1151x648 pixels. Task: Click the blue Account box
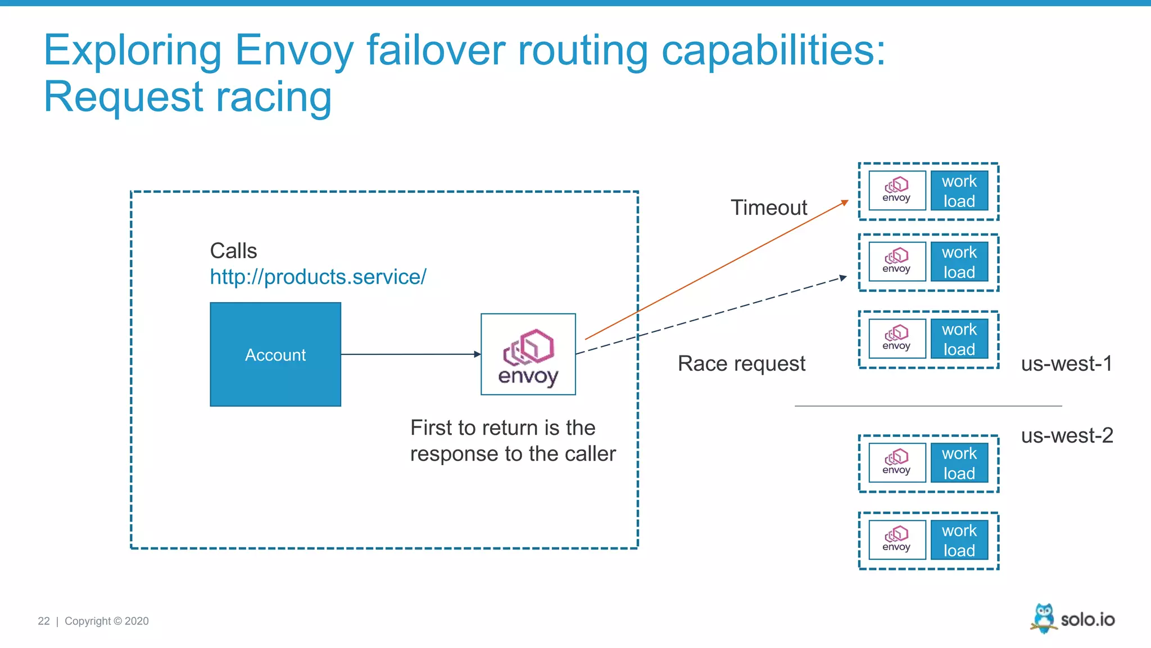click(x=275, y=354)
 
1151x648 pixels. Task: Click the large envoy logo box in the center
click(x=528, y=354)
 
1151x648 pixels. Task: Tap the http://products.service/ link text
click(x=318, y=277)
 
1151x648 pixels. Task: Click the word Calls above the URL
click(x=233, y=251)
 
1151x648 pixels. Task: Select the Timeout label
click(x=768, y=208)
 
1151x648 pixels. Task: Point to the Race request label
click(x=741, y=363)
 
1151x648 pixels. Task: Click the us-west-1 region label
click(x=1066, y=363)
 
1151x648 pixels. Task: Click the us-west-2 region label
click(x=1067, y=435)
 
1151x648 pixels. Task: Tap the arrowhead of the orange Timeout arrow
click(x=845, y=202)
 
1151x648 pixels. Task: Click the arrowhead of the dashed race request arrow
click(x=844, y=277)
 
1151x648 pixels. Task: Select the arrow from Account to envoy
click(x=410, y=354)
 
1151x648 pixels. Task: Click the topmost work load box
click(x=959, y=191)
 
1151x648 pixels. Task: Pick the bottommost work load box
click(x=959, y=540)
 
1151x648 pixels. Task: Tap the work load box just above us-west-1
click(x=959, y=339)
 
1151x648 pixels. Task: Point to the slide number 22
click(x=44, y=621)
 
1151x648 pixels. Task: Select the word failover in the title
click(x=436, y=50)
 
